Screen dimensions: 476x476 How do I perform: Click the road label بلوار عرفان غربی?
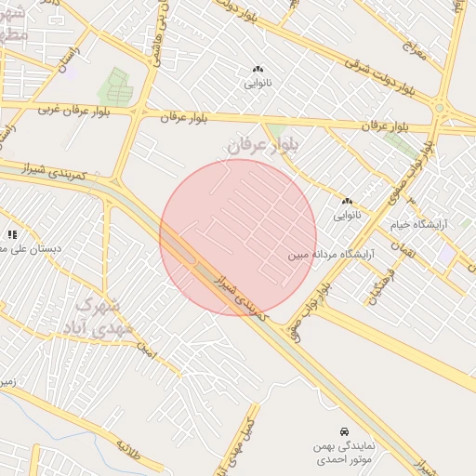tap(73, 110)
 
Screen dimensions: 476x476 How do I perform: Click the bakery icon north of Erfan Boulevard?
tap(257, 69)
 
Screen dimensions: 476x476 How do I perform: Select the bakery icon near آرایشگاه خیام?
tap(347, 201)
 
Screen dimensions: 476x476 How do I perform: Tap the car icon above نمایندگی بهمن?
tap(344, 431)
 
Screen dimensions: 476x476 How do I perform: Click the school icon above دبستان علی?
tap(12, 234)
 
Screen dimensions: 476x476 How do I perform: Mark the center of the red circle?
tap(238, 237)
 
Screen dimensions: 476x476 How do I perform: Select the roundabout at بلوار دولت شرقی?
tap(440, 110)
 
